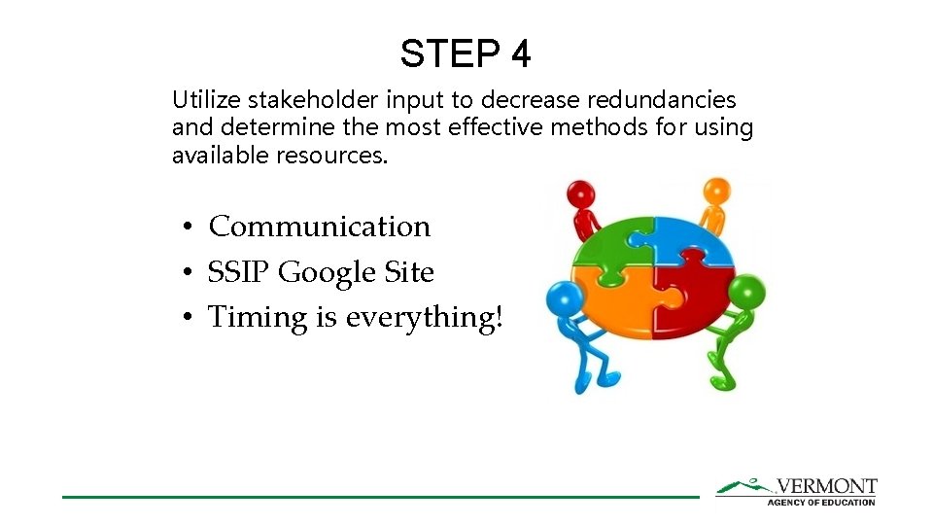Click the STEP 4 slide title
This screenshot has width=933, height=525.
tap(466, 53)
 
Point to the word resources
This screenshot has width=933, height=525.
tap(333, 156)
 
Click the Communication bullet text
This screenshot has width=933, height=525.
tap(319, 227)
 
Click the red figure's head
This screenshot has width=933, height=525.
tap(580, 192)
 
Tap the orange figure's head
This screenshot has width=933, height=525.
tap(715, 189)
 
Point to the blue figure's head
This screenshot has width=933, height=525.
tap(564, 298)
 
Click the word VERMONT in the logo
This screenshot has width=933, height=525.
tap(827, 486)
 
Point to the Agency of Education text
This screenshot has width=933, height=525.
tap(821, 502)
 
